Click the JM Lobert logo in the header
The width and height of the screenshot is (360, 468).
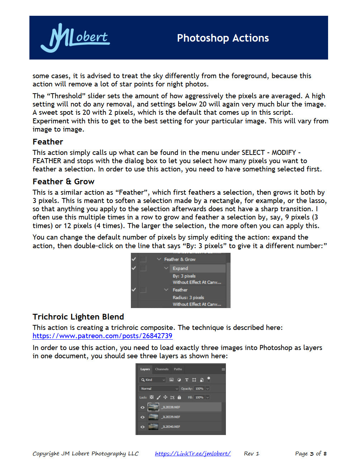(x=75, y=38)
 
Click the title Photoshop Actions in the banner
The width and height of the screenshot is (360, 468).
(x=223, y=38)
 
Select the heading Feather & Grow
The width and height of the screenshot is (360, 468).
(x=63, y=181)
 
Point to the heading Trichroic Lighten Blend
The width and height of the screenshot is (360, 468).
(x=78, y=317)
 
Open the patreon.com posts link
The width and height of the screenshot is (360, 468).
(x=102, y=336)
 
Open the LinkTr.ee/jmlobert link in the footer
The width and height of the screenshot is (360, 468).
(x=193, y=453)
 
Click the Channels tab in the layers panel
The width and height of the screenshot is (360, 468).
(x=162, y=369)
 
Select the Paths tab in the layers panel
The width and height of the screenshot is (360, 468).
(x=178, y=369)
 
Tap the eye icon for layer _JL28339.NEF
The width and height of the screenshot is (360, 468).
(x=142, y=417)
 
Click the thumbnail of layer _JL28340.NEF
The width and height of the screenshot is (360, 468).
(x=153, y=427)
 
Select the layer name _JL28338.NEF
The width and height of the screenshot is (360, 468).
(x=171, y=407)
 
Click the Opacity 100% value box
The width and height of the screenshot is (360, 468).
(x=199, y=388)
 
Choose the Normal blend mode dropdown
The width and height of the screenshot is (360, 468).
(x=158, y=388)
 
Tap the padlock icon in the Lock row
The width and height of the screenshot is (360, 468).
(x=179, y=397)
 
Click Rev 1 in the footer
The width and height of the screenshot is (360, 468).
(x=251, y=453)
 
